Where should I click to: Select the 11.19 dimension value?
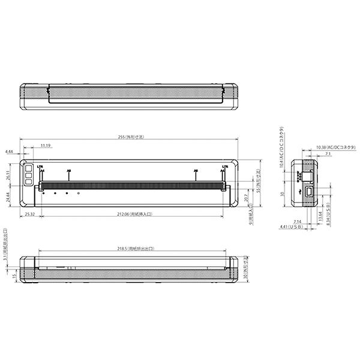pos(46,146)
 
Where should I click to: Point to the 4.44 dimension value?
pos(9,152)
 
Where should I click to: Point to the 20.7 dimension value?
pos(246,196)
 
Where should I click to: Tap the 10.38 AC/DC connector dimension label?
pos(335,147)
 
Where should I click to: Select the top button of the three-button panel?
pos(28,168)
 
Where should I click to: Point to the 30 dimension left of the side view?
pos(281,194)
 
